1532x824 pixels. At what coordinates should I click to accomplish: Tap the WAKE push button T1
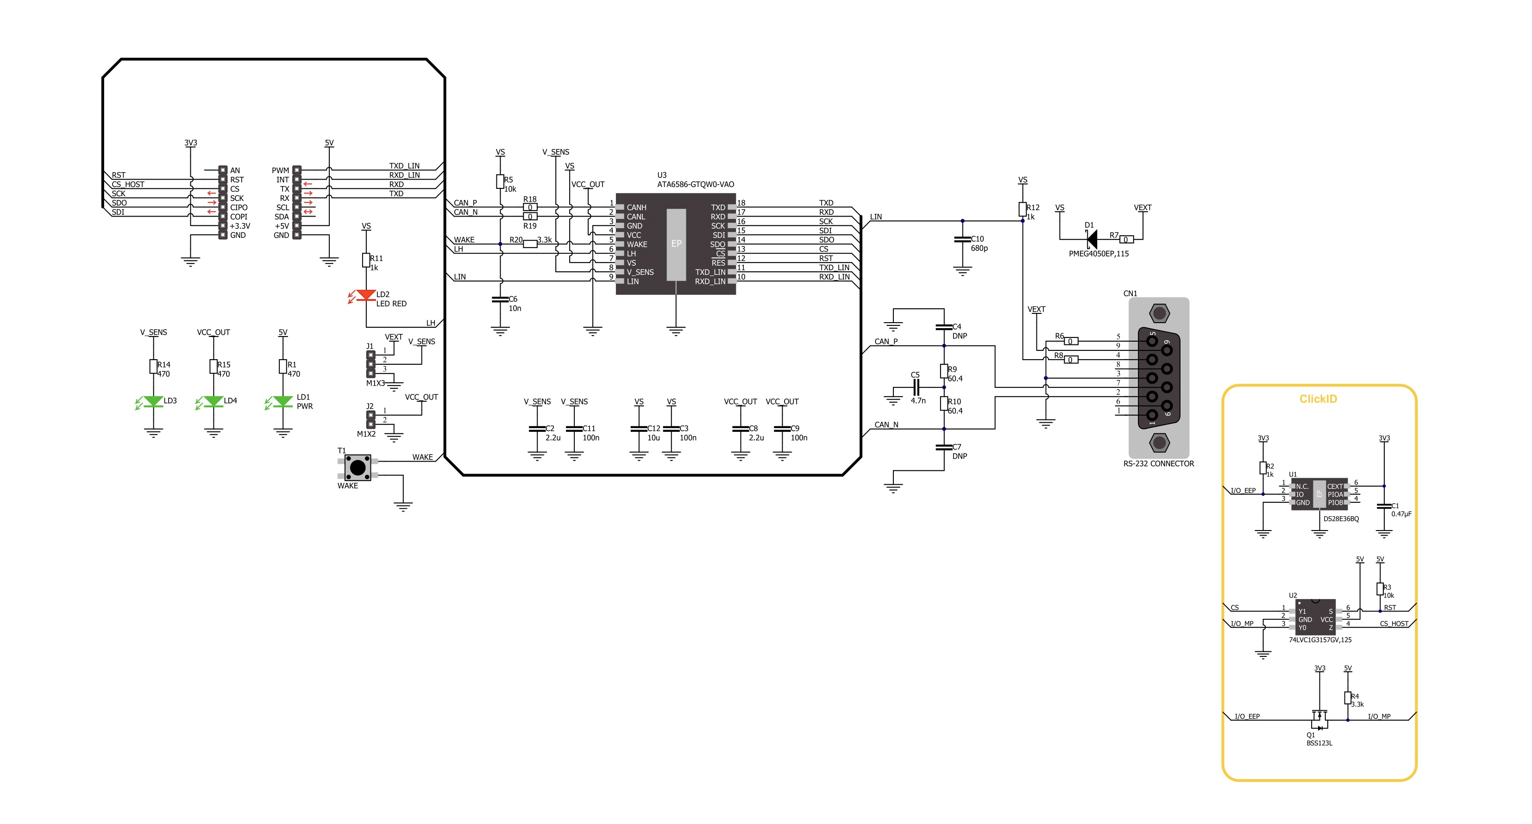point(358,468)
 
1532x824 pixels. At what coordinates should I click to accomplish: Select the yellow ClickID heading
point(1318,399)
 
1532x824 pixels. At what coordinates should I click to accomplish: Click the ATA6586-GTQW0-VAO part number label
point(695,184)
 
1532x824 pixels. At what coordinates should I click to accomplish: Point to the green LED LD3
point(153,402)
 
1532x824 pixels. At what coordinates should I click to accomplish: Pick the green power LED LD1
point(283,402)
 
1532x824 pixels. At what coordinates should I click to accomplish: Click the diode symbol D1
point(1091,240)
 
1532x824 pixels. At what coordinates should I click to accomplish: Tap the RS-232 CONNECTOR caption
point(1159,464)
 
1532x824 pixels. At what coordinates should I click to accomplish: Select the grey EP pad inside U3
point(676,244)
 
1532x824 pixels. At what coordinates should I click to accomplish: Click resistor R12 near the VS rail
point(1022,209)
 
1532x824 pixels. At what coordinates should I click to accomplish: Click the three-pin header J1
point(370,364)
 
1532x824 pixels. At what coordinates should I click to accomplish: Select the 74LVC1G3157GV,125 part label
point(1320,640)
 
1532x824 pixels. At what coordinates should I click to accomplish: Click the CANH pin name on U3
point(636,207)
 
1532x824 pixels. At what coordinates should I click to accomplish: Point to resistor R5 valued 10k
point(500,182)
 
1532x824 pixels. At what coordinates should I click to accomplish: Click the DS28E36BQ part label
point(1341,519)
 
